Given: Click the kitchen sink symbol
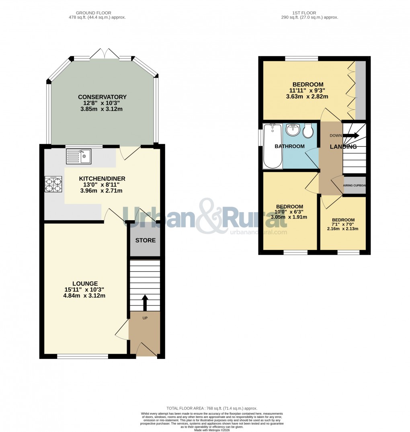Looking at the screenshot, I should (80, 156).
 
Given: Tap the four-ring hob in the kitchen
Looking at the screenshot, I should (53, 184).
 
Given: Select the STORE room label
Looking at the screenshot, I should (145, 241).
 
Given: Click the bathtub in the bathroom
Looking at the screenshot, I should (273, 146).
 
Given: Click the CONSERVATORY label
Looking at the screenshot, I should (102, 97).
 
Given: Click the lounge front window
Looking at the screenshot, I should (82, 356).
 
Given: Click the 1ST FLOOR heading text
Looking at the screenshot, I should (310, 13).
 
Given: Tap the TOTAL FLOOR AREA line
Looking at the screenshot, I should (212, 408).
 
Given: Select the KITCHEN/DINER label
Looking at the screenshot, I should (102, 178).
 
